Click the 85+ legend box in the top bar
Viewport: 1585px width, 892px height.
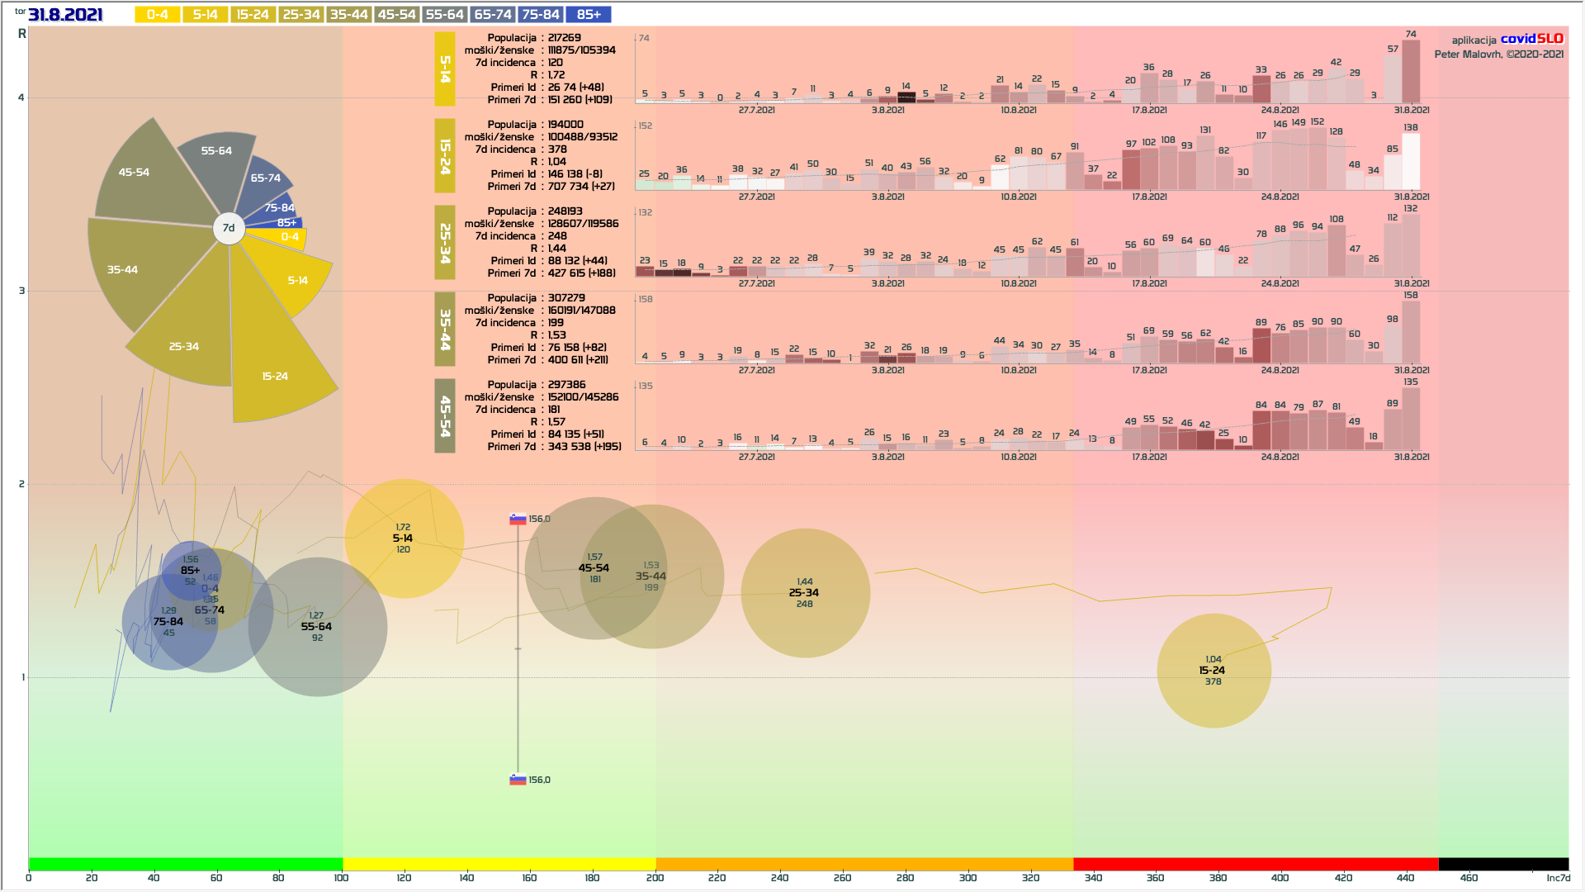tap(589, 15)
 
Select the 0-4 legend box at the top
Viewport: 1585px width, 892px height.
tap(157, 15)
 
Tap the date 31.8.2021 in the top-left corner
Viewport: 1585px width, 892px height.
tap(65, 15)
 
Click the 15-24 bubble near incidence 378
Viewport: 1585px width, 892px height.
tap(1214, 671)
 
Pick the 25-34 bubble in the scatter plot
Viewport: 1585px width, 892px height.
tap(805, 593)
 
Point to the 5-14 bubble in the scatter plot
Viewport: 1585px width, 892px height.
tap(404, 538)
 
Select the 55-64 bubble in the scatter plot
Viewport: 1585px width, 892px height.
tap(317, 627)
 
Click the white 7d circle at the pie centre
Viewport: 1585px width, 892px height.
tap(229, 228)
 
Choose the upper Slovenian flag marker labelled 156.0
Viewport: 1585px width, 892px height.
tap(518, 519)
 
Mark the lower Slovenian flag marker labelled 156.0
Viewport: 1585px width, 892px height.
tap(518, 780)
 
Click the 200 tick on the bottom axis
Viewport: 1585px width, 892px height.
tap(655, 877)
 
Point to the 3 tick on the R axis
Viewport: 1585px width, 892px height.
tap(21, 291)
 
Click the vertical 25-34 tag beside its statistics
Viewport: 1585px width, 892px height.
tap(445, 244)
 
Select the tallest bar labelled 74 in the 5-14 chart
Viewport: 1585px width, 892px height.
tap(1411, 72)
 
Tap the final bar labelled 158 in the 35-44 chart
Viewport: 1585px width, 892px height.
tap(1411, 332)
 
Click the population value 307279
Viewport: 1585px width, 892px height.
tap(566, 298)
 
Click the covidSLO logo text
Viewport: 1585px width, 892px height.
tap(1531, 39)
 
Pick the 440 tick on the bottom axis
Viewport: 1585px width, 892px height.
tap(1406, 877)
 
